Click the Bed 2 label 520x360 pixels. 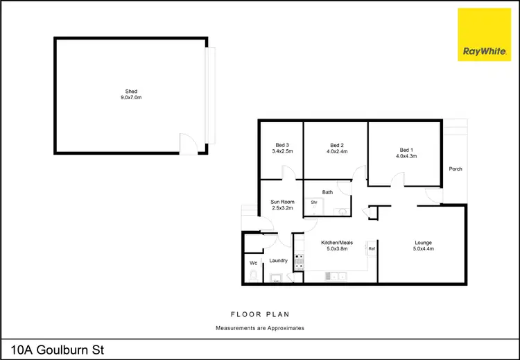click(336, 147)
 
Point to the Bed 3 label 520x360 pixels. click(282, 147)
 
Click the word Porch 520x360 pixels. click(456, 169)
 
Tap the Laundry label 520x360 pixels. click(278, 261)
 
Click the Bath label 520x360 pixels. click(328, 192)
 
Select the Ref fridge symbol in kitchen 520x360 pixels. click(372, 248)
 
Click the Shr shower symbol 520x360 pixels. click(314, 203)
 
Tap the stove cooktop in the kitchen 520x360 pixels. click(300, 261)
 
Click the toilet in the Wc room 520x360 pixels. click(253, 277)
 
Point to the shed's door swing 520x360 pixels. click(187, 144)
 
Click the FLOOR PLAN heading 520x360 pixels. click(259, 314)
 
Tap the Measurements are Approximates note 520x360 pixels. click(259, 327)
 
